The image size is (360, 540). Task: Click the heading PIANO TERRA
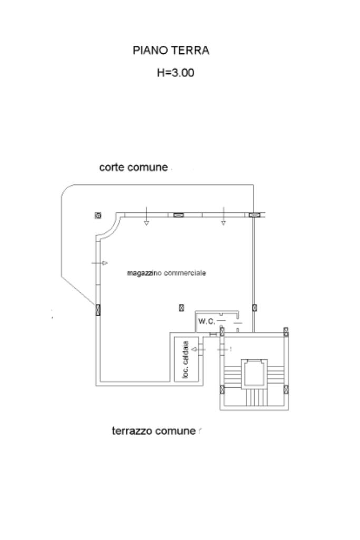(x=171, y=51)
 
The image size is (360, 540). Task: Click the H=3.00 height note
(x=176, y=73)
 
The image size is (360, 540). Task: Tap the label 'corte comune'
(x=133, y=168)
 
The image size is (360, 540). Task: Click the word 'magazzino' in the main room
(x=145, y=273)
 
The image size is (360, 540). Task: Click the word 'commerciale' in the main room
(x=185, y=273)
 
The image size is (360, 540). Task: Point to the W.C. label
(x=206, y=321)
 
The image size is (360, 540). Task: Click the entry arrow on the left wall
(x=100, y=262)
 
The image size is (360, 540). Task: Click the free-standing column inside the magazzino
(x=181, y=308)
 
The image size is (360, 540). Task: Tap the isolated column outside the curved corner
(x=98, y=215)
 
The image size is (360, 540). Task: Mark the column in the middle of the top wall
(x=178, y=214)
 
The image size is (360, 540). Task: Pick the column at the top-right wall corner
(x=254, y=214)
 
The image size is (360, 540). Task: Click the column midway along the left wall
(x=98, y=310)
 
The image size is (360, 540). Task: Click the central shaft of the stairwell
(x=254, y=374)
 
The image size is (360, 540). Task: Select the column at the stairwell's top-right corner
(x=286, y=331)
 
